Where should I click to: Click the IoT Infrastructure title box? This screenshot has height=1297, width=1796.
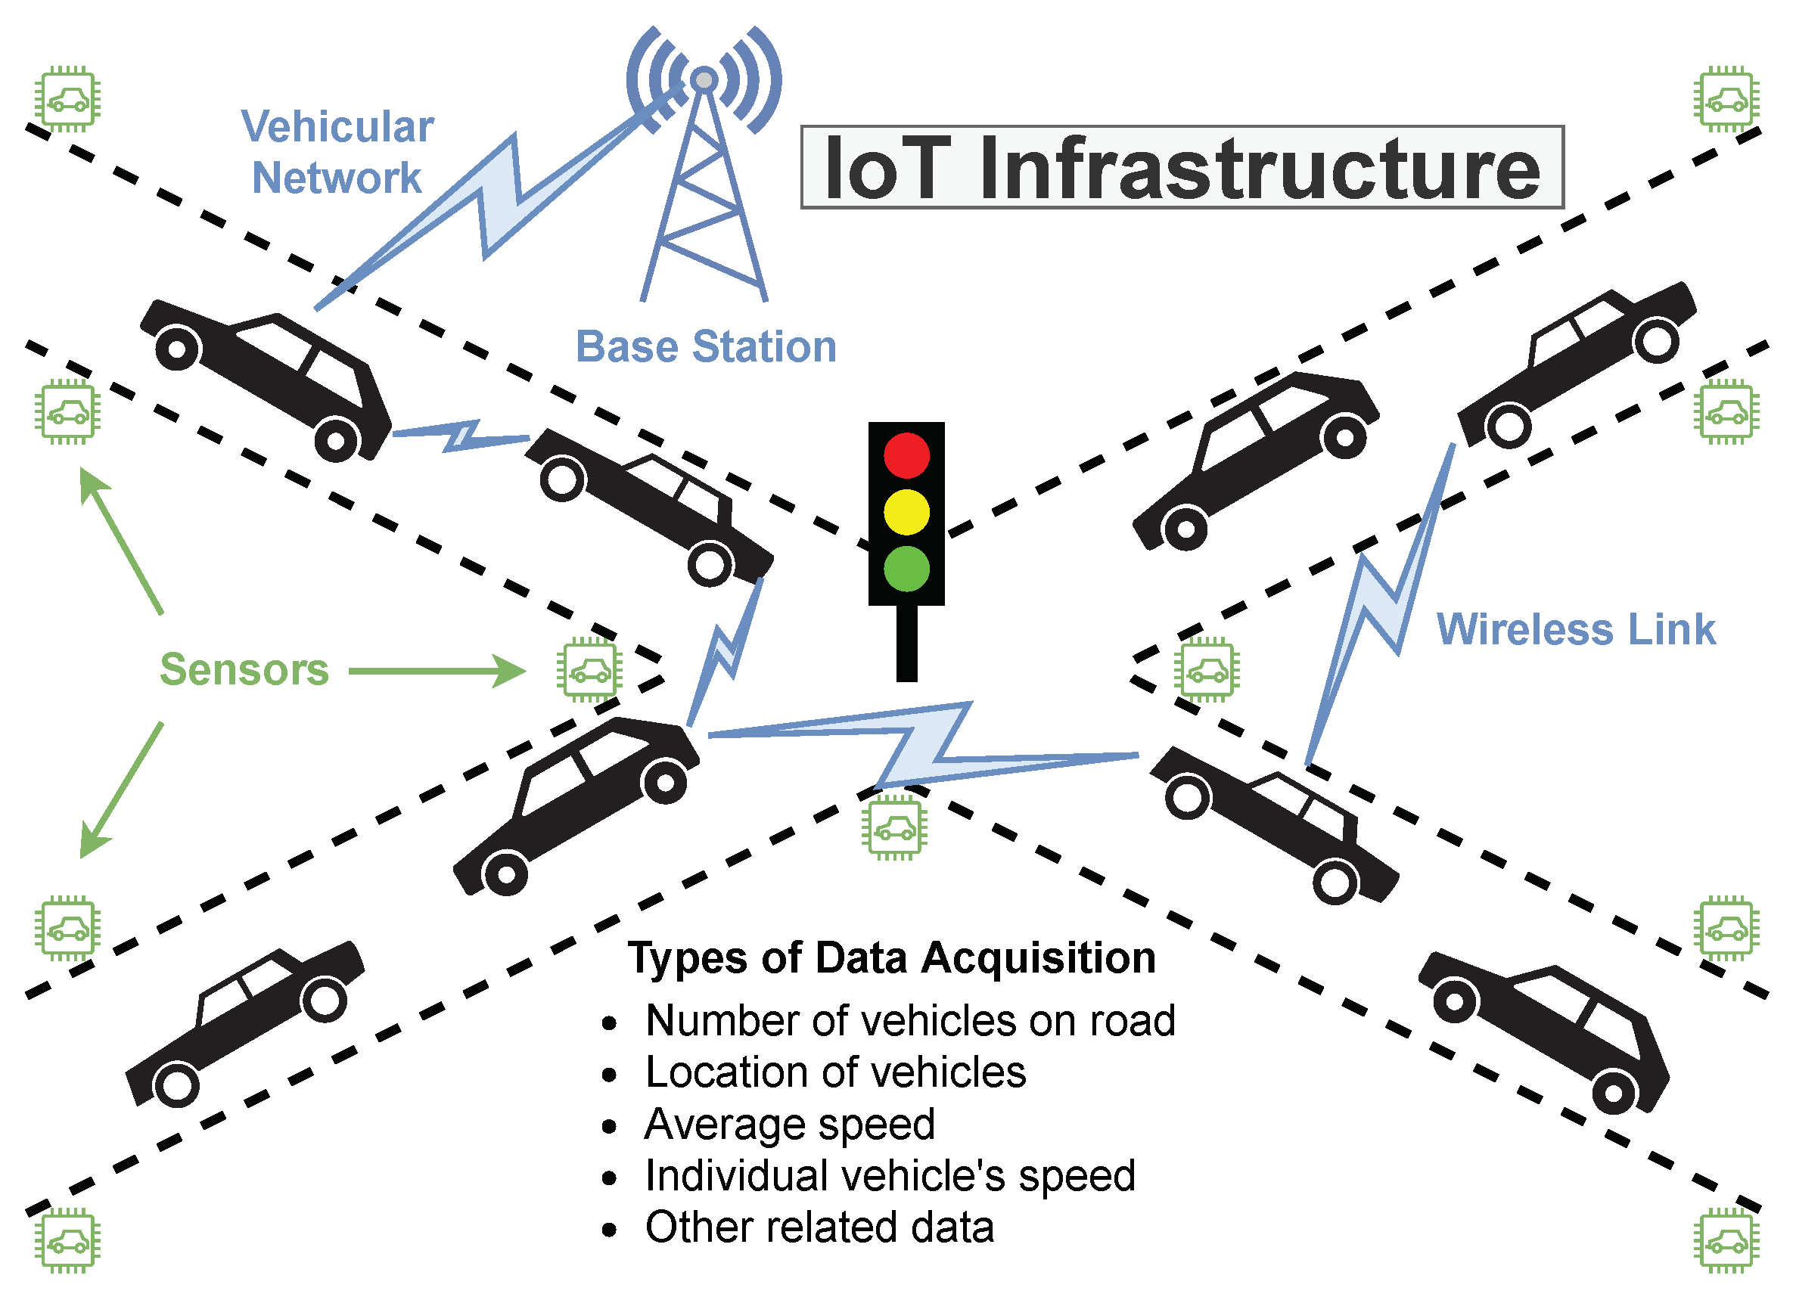[x=1182, y=167]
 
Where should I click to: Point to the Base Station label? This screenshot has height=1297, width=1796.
[x=706, y=347]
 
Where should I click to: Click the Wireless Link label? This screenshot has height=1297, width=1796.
[x=1575, y=629]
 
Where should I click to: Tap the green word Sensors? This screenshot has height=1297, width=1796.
[x=244, y=670]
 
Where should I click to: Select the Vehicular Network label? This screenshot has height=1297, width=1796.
[x=337, y=152]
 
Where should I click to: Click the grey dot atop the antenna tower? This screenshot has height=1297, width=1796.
[x=704, y=79]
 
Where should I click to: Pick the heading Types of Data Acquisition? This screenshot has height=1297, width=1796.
[x=892, y=958]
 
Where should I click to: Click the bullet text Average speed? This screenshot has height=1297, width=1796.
[x=790, y=1125]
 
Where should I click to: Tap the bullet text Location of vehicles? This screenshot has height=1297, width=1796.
[x=835, y=1072]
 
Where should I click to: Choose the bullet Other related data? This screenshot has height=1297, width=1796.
[x=819, y=1227]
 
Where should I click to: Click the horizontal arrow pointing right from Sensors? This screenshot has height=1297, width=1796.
[x=437, y=672]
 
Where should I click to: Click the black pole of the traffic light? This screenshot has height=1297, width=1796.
[x=907, y=643]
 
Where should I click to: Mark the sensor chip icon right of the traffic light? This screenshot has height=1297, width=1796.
[x=1206, y=670]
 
